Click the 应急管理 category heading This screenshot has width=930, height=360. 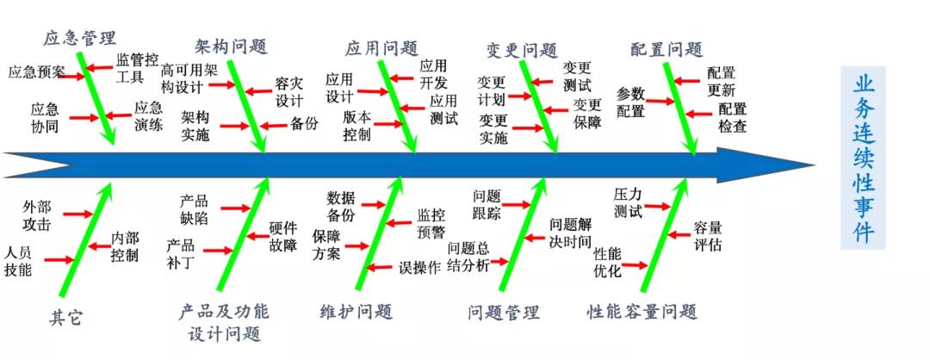coord(79,38)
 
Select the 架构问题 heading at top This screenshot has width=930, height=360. coord(231,46)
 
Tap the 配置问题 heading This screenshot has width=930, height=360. coord(666,49)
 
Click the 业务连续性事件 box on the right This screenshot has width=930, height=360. coord(863,159)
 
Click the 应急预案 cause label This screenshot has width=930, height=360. coord(36,71)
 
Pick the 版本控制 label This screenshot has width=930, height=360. coord(356,125)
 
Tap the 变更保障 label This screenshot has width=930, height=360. coord(588,113)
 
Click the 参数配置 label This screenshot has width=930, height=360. coord(630,102)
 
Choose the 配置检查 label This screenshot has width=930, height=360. coord(733,118)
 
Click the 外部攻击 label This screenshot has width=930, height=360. coord(37,215)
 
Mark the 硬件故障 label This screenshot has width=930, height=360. coord(282,237)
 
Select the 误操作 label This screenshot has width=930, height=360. coord(419,267)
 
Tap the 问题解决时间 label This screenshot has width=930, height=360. coord(571,233)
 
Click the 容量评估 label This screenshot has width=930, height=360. coord(708,236)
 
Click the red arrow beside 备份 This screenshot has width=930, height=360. coord(274,125)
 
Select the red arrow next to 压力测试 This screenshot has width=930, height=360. coord(658,206)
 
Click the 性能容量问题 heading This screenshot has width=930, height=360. coord(642,311)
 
